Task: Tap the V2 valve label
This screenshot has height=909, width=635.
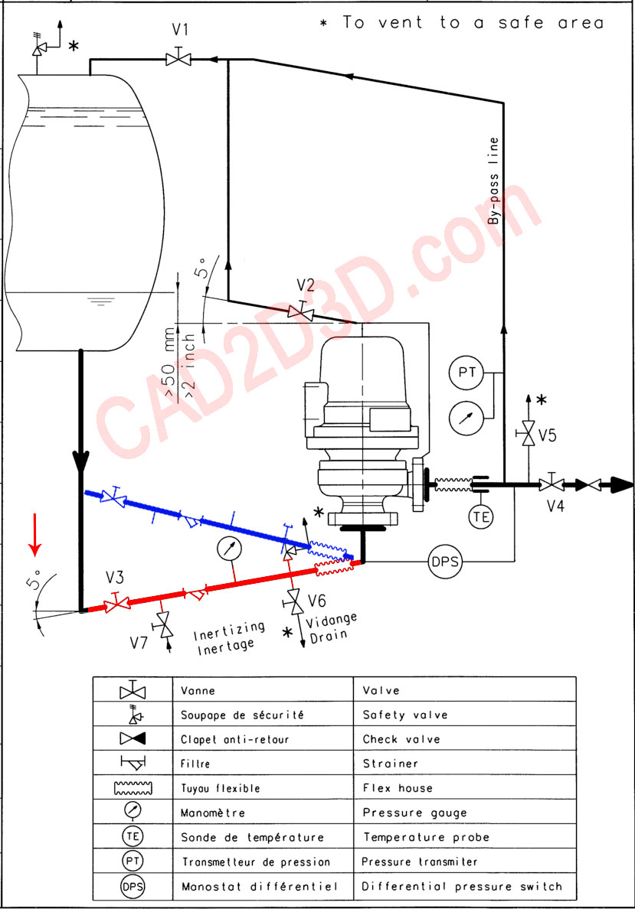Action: (306, 285)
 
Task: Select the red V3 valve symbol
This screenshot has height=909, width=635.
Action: (116, 603)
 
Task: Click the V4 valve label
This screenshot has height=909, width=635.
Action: (555, 506)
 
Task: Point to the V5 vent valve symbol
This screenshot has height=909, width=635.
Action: (529, 432)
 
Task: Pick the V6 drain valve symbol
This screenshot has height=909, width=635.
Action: (294, 601)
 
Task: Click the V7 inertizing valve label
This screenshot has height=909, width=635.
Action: (139, 642)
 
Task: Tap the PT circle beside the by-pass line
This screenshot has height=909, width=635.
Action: (466, 372)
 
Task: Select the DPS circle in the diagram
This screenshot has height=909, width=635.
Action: (445, 561)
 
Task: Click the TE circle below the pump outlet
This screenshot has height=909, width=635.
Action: (480, 516)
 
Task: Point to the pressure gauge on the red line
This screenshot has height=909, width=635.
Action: (229, 549)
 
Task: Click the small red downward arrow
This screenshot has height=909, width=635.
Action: (35, 534)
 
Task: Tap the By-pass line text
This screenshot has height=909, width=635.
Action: (493, 181)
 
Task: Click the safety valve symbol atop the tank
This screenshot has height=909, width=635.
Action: (39, 47)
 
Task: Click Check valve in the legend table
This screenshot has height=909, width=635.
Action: (401, 739)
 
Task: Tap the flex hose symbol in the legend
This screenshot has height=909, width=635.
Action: (133, 788)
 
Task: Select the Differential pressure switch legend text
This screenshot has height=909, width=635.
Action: (462, 886)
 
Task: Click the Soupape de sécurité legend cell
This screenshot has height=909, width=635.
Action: (263, 714)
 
